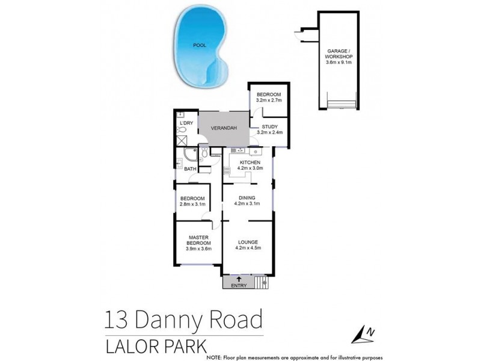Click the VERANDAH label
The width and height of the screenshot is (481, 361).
click(x=224, y=128)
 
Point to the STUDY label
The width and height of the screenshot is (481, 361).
click(x=268, y=126)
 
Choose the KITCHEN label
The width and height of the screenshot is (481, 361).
click(x=250, y=162)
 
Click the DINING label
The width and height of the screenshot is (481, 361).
click(x=247, y=198)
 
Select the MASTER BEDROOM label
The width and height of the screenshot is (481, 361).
click(x=198, y=240)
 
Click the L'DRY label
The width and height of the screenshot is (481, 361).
click(x=186, y=123)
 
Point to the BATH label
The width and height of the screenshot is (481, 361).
click(x=190, y=169)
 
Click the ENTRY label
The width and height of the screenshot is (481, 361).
click(x=239, y=285)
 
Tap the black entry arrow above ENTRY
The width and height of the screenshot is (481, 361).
click(x=239, y=278)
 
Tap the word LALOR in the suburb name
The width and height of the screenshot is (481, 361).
click(x=129, y=347)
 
